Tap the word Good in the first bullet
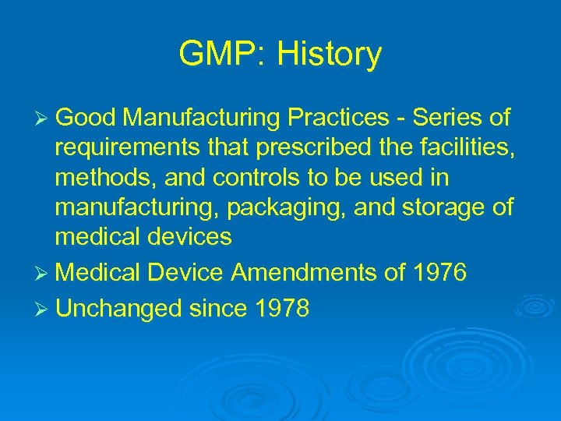click(85, 119)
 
